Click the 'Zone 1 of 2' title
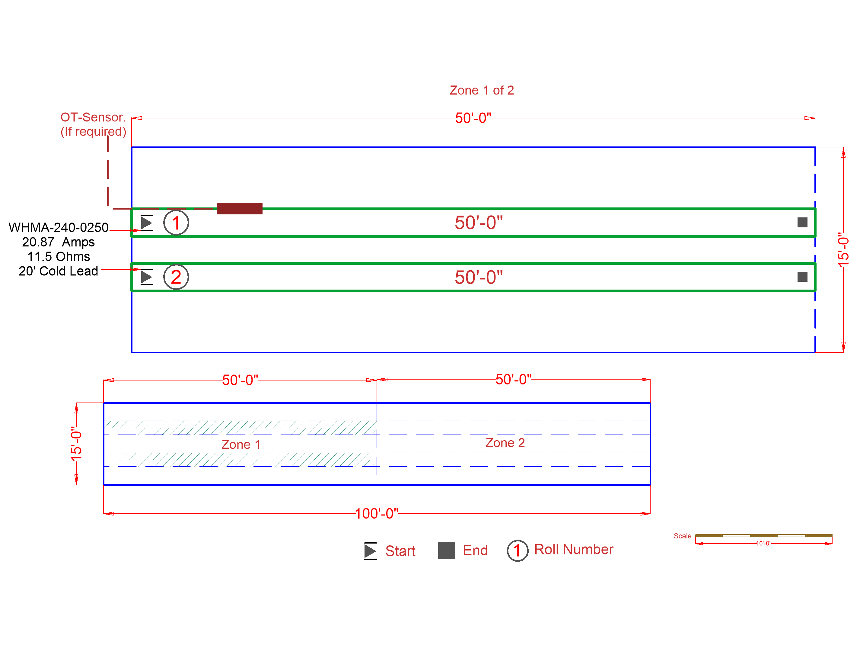481,90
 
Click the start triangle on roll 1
146,223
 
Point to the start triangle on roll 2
146,277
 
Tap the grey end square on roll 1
802,222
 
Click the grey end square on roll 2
802,277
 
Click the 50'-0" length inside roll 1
479,223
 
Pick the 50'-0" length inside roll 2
479,278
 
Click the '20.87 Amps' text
58,242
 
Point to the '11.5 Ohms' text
58,257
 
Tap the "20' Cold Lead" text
58,271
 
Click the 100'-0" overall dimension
376,514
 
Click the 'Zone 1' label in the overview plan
241,444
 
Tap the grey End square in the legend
446,550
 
